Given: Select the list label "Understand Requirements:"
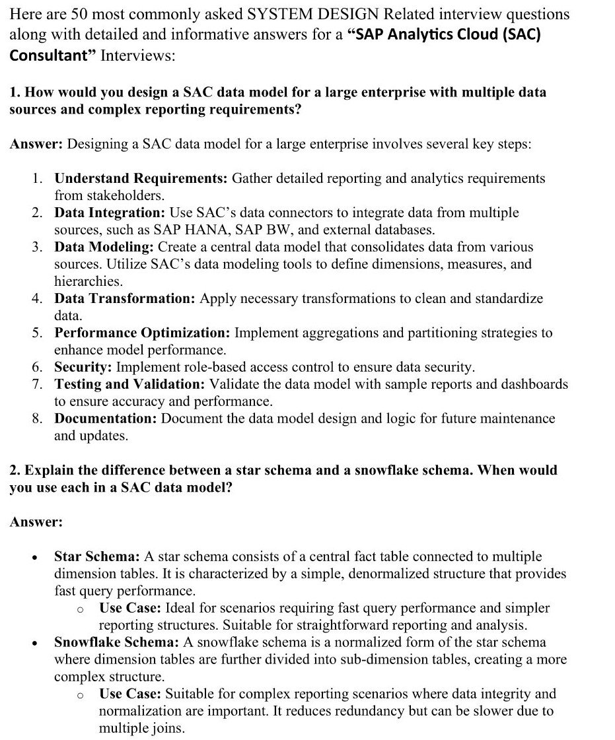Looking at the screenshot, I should [x=141, y=178].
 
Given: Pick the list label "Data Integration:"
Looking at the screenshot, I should [x=109, y=213].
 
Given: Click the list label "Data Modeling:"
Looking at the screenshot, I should [x=104, y=247].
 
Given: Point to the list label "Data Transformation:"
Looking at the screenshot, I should [x=124, y=298].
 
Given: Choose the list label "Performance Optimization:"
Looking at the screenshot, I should [x=142, y=333].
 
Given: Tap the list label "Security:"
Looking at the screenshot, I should [x=82, y=367].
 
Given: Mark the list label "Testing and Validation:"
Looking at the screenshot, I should [x=129, y=384].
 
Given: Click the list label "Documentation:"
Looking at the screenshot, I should [x=106, y=419].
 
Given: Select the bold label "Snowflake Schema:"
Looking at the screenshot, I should [x=116, y=642].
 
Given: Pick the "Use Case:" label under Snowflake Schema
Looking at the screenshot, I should [x=130, y=694].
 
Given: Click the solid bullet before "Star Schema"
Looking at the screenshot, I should [x=34, y=557].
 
